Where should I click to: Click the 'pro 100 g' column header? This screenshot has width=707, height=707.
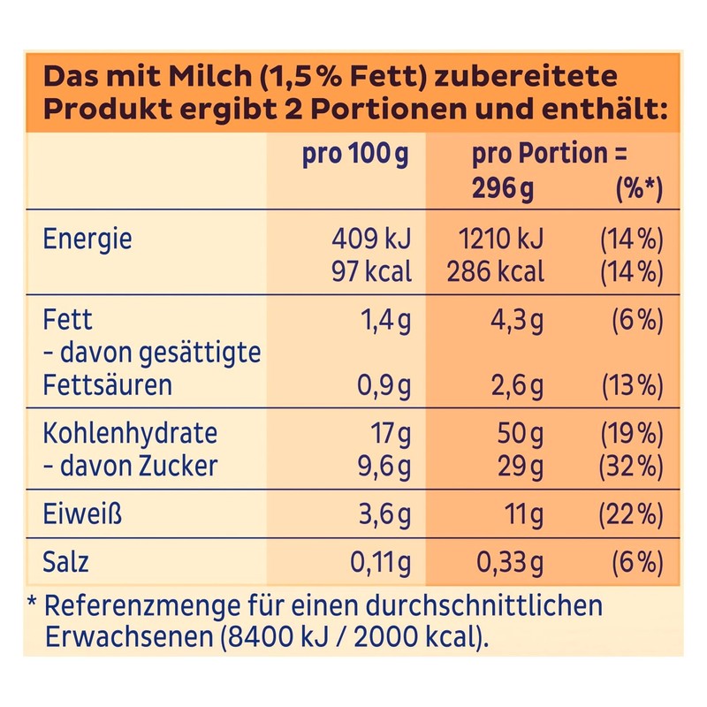click(x=355, y=155)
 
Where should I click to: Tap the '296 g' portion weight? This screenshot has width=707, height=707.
click(x=503, y=188)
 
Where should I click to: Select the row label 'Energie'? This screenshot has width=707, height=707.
click(x=87, y=239)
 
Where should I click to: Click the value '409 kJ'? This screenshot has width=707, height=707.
click(x=371, y=239)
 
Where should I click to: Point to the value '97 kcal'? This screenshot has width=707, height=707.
click(x=371, y=270)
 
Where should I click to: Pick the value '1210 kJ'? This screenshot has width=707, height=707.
click(x=501, y=239)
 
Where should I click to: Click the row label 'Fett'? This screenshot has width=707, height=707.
click(x=67, y=320)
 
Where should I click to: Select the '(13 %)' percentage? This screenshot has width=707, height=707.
click(x=631, y=386)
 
